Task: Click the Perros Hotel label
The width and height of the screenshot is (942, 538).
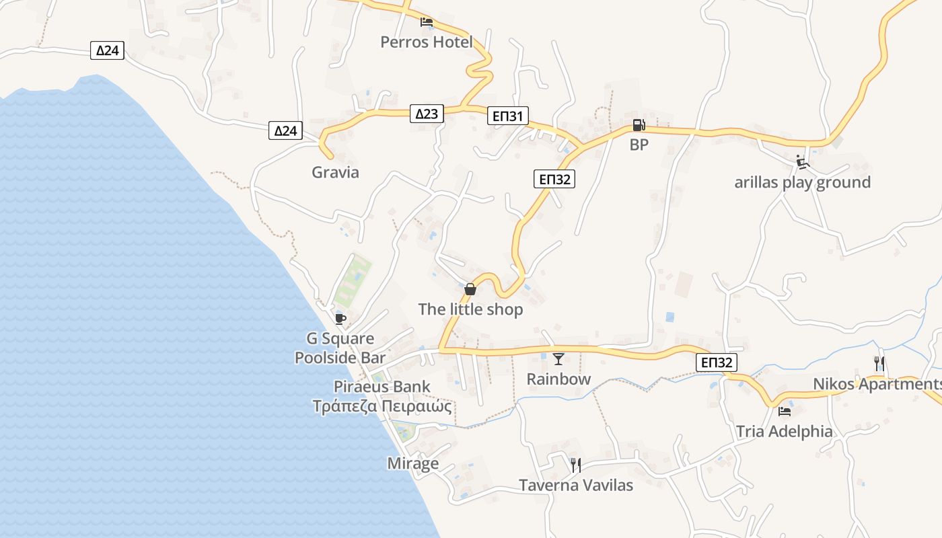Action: click(x=426, y=42)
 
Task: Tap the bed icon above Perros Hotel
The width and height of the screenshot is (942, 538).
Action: click(x=426, y=22)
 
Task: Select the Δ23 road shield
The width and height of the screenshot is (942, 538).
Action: click(x=427, y=114)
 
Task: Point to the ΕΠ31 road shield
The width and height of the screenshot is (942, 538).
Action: click(x=508, y=116)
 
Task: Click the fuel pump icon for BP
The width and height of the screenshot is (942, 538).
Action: click(x=639, y=125)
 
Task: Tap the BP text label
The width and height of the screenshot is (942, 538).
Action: click(x=639, y=145)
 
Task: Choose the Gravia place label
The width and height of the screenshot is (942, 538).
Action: click(x=335, y=172)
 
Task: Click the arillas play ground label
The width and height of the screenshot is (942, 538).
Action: click(x=802, y=182)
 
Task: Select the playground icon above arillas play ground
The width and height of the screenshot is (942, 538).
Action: click(x=801, y=162)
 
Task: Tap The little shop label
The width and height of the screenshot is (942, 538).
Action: click(x=470, y=309)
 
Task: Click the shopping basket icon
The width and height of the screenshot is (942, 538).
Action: click(x=470, y=289)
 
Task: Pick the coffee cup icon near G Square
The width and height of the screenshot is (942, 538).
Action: click(x=340, y=318)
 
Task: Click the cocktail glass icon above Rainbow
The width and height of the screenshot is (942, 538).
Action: click(x=558, y=359)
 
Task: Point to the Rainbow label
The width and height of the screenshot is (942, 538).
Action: click(x=558, y=379)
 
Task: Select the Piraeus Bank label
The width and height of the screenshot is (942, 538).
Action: click(x=382, y=387)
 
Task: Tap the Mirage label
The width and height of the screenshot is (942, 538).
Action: click(x=412, y=463)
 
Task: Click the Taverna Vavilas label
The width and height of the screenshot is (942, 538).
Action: click(x=576, y=485)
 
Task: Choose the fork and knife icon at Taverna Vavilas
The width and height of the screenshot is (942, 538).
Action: click(x=575, y=465)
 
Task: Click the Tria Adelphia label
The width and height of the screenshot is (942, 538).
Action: click(x=784, y=431)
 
